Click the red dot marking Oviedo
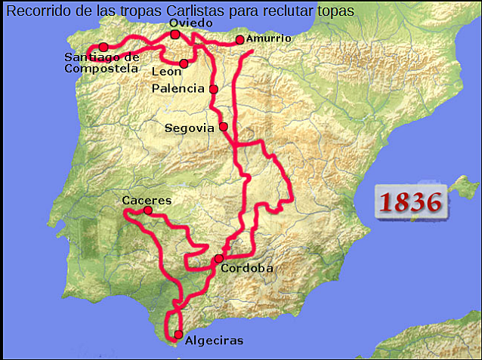175,35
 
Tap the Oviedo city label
185,23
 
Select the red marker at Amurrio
239,39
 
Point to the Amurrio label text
268,38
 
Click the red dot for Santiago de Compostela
104,47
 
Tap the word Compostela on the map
102,68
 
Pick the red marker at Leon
184,63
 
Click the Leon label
166,72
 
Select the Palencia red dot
214,89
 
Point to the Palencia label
178,88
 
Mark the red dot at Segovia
224,127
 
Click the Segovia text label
190,128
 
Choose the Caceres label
147,201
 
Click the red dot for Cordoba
219,259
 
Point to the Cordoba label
247,268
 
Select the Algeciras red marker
178,334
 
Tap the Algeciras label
214,341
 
